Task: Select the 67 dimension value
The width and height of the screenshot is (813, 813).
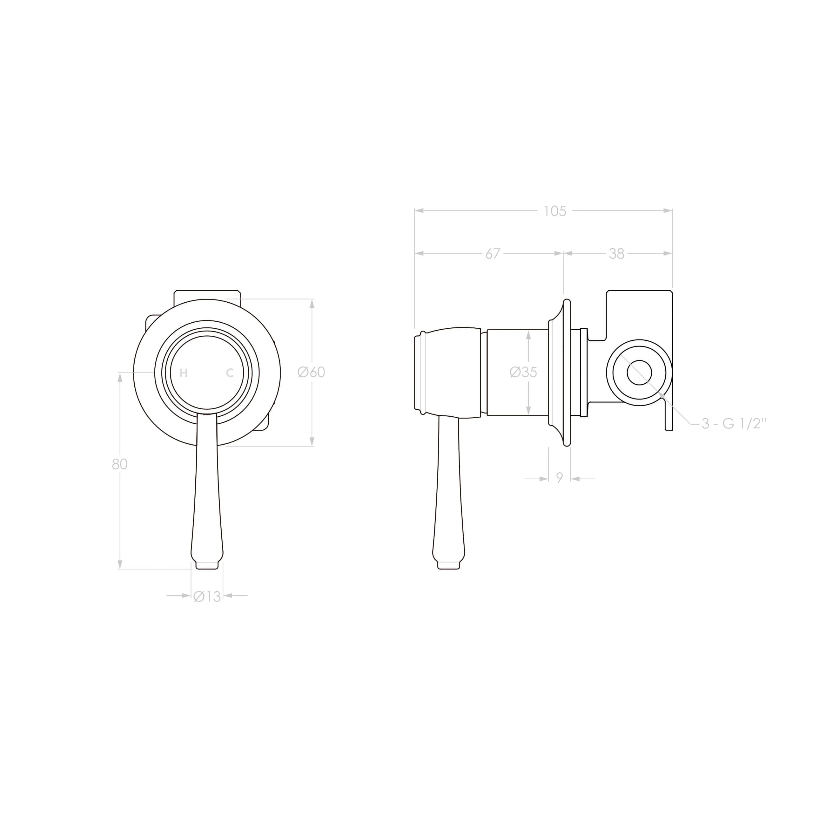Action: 493,254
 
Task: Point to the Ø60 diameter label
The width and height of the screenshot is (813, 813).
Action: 312,372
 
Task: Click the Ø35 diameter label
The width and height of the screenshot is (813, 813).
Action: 523,372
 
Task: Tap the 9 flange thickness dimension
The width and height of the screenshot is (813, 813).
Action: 559,478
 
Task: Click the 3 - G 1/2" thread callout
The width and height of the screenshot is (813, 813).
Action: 734,423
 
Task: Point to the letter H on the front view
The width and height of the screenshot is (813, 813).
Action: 184,373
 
